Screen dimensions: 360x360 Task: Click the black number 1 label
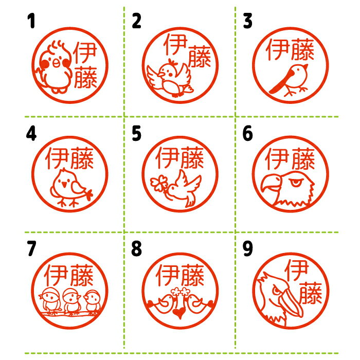click(31, 21)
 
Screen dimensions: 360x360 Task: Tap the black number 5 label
click(136, 133)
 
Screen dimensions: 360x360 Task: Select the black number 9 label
click(248, 248)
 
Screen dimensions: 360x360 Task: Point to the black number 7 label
click(31, 248)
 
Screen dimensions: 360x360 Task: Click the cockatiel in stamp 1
click(54, 67)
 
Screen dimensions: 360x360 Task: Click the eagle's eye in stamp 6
click(296, 183)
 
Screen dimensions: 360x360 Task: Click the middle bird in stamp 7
click(71, 301)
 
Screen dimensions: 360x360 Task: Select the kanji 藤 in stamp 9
click(311, 293)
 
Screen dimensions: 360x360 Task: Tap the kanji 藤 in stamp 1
click(85, 77)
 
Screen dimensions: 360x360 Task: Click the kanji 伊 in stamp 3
click(277, 49)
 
